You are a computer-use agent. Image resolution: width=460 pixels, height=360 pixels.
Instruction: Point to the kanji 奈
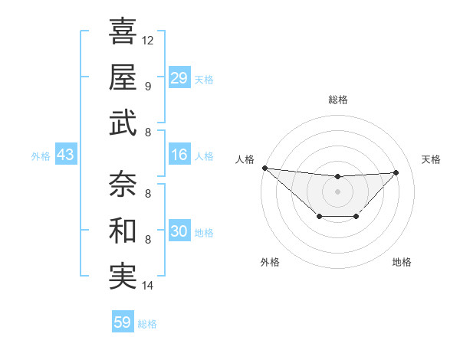tap(123, 185)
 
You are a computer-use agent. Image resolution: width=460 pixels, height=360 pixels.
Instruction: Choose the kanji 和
tap(123, 231)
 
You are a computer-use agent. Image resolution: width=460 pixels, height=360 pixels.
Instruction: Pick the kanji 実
tap(123, 276)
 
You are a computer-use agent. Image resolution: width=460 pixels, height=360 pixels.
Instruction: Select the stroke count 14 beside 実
tap(148, 286)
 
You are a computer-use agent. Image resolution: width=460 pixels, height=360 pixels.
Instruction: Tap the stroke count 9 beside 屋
tap(148, 86)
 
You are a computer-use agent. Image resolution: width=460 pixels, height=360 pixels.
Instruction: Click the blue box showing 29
tap(179, 78)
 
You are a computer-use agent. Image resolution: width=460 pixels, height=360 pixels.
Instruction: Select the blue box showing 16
tap(179, 155)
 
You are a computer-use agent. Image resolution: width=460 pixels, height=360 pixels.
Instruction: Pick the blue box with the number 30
tap(179, 232)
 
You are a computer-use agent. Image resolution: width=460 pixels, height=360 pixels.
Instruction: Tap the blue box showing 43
tap(66, 155)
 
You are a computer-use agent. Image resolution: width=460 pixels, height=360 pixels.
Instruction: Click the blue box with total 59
tap(123, 322)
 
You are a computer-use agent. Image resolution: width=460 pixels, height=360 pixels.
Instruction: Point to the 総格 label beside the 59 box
tap(147, 324)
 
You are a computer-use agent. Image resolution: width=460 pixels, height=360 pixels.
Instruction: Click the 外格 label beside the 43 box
tap(41, 156)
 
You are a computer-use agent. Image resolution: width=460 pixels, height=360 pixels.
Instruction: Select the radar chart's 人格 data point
tap(264, 168)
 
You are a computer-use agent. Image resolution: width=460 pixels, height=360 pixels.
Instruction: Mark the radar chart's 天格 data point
tap(396, 172)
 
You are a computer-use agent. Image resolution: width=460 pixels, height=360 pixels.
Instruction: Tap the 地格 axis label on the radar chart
tap(402, 263)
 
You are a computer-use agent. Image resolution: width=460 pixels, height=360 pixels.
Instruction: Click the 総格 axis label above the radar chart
tap(337, 100)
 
